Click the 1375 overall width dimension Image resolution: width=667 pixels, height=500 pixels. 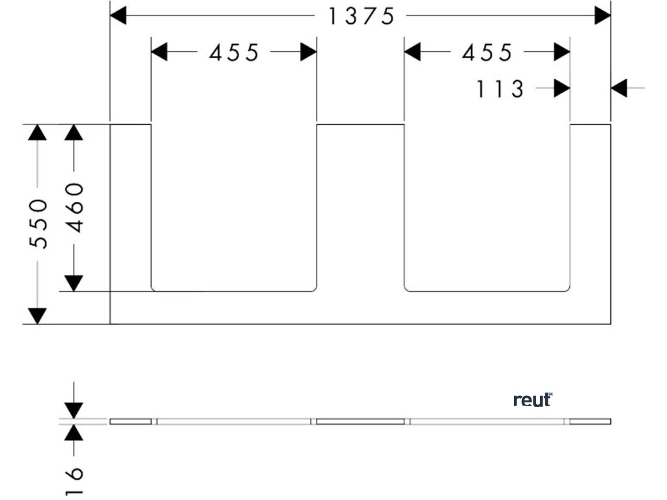361,16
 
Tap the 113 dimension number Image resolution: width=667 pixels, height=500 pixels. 500,89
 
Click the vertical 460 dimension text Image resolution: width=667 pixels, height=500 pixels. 76,207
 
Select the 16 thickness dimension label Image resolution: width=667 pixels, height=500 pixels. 76,480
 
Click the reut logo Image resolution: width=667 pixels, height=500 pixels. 532,400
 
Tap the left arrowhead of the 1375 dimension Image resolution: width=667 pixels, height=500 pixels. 119,16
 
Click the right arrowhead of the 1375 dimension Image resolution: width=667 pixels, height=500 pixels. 603,16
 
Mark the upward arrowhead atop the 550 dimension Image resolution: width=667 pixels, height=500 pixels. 38,132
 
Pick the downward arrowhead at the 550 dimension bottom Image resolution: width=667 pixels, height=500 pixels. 38,316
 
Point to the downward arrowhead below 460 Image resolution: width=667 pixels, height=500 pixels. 76,283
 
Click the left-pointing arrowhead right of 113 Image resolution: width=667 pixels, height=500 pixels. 619,88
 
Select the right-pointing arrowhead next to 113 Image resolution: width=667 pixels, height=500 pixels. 561,88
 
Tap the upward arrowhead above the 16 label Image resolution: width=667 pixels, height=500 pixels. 75,433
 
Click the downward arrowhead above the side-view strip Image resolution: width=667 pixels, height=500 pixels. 75,410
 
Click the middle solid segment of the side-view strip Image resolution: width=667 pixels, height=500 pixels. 360,421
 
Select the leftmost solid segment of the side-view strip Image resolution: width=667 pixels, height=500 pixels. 130,421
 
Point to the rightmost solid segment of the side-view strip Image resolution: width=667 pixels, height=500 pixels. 590,421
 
